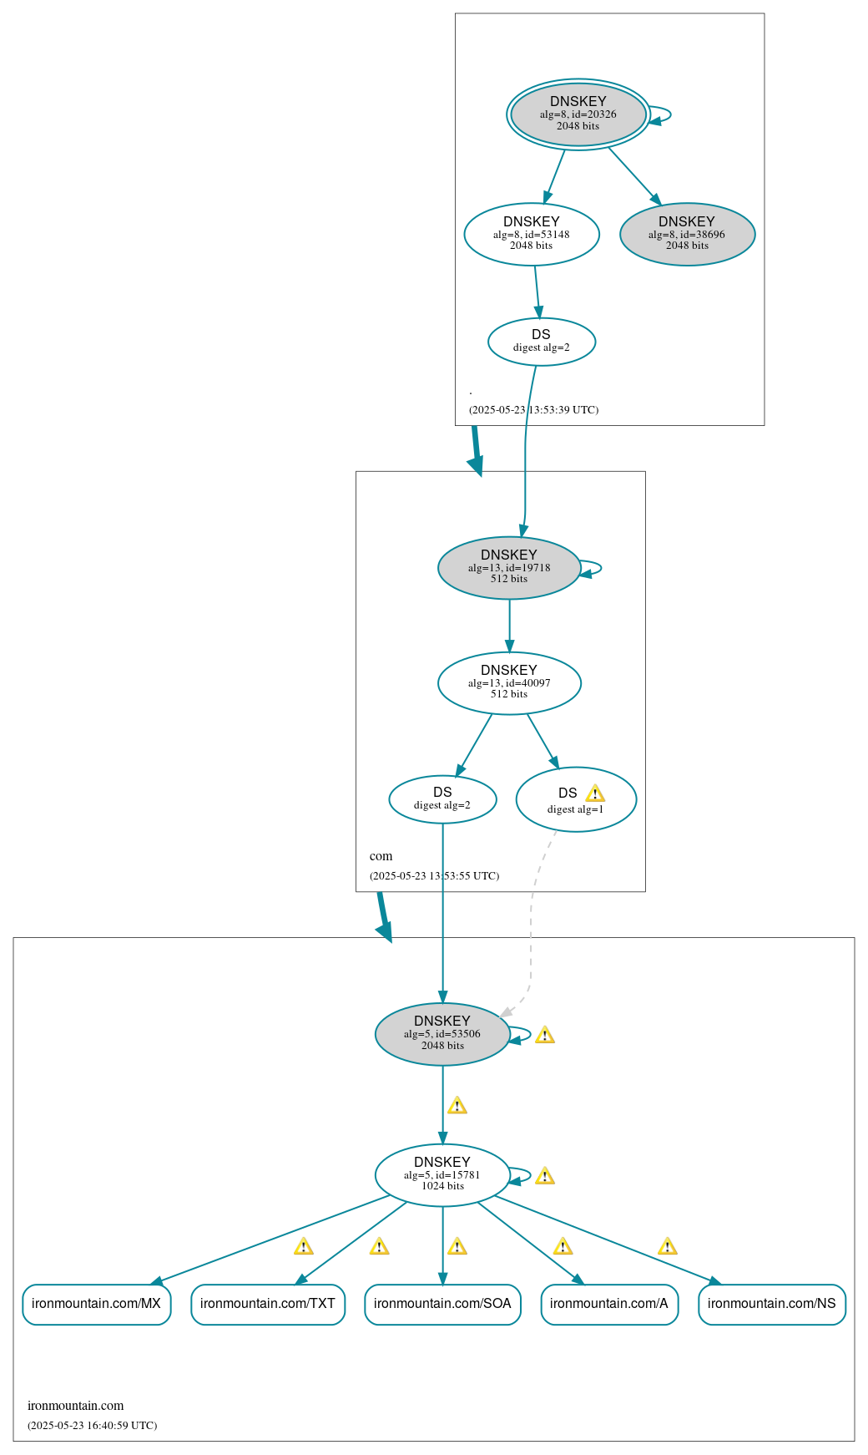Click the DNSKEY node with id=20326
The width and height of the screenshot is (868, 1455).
pos(578,114)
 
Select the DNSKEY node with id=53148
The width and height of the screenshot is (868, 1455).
pos(532,234)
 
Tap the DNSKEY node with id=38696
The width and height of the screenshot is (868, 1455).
pos(687,234)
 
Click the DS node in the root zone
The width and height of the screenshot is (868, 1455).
pos(541,341)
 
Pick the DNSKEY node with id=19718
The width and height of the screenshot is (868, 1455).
pos(509,567)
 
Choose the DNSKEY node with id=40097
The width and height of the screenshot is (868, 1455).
pos(509,682)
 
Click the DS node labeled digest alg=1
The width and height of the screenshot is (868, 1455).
pos(576,799)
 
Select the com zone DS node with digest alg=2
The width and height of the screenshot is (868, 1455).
pos(442,799)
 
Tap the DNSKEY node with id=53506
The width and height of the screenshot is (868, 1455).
pos(442,1033)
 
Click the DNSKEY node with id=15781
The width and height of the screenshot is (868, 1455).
pos(442,1174)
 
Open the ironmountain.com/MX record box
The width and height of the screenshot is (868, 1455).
pos(96,1304)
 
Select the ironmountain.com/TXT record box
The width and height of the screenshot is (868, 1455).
pos(268,1304)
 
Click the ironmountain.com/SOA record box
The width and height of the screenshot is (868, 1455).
pos(442,1304)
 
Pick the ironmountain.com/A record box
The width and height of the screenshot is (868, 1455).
pos(609,1304)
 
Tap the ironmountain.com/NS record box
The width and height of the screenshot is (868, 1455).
pos(772,1304)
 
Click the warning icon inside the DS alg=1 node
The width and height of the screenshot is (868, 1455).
pos(594,793)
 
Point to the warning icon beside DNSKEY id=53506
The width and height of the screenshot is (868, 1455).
pos(545,1036)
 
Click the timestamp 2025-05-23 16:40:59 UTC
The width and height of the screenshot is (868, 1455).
pos(92,1425)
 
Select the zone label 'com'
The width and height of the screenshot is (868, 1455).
pos(381,856)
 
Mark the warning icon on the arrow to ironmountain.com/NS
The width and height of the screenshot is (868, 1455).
pos(667,1247)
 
